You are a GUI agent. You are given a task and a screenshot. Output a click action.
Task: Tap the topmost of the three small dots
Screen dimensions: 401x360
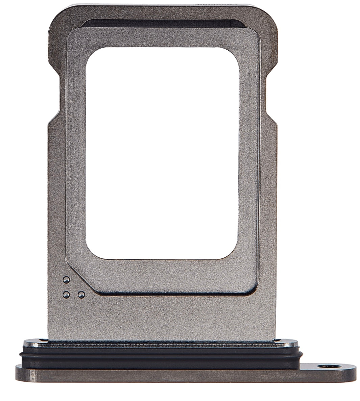pyautogui.click(x=66, y=279)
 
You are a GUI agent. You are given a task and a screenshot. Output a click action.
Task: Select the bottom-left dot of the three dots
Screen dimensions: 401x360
pyautogui.click(x=66, y=295)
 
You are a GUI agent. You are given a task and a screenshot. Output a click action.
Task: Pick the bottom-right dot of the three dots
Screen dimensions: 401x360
pyautogui.click(x=80, y=295)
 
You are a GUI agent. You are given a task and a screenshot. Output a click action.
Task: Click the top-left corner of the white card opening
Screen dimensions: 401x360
pyautogui.click(x=89, y=50)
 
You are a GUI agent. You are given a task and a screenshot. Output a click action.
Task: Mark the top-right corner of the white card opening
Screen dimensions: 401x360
pyautogui.click(x=239, y=50)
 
